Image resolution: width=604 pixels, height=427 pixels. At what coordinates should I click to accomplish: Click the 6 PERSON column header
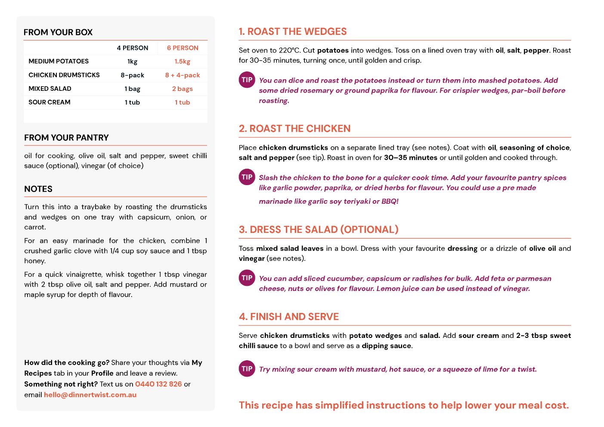[x=183, y=48]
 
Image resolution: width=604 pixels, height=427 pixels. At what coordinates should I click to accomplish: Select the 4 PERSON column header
[x=133, y=48]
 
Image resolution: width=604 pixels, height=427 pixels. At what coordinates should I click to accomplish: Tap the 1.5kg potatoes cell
[x=183, y=62]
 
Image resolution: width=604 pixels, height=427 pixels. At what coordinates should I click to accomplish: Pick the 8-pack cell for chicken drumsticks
[x=133, y=75]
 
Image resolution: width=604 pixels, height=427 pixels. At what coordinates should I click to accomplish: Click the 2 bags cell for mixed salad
[x=183, y=89]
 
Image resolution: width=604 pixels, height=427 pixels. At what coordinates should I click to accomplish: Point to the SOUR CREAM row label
[x=50, y=102]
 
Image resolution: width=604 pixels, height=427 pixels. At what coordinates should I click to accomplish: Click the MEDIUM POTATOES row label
[x=59, y=62]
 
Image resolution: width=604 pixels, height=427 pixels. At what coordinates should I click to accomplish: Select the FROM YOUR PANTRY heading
[x=66, y=138]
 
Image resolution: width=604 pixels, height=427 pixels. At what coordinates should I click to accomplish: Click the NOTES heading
[x=38, y=189]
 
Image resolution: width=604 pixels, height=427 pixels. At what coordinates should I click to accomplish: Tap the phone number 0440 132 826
[x=158, y=384]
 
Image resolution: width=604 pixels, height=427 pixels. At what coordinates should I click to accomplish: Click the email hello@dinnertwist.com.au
[x=90, y=395]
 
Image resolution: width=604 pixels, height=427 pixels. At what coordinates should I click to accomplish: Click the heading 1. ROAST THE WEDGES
[x=293, y=31]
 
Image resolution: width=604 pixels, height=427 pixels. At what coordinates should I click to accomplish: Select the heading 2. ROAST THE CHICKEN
[x=295, y=129]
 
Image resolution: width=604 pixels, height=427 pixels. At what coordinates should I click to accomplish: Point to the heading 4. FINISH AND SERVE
[x=289, y=317]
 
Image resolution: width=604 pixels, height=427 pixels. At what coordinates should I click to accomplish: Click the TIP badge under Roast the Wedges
[x=247, y=80]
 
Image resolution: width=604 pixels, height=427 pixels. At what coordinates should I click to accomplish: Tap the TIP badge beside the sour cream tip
[x=247, y=369]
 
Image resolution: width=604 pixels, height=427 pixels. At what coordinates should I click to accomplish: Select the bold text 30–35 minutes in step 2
[x=411, y=158]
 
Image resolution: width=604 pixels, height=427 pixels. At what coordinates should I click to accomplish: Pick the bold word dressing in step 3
[x=462, y=248]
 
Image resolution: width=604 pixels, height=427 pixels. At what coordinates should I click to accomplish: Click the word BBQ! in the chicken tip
[x=390, y=201]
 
